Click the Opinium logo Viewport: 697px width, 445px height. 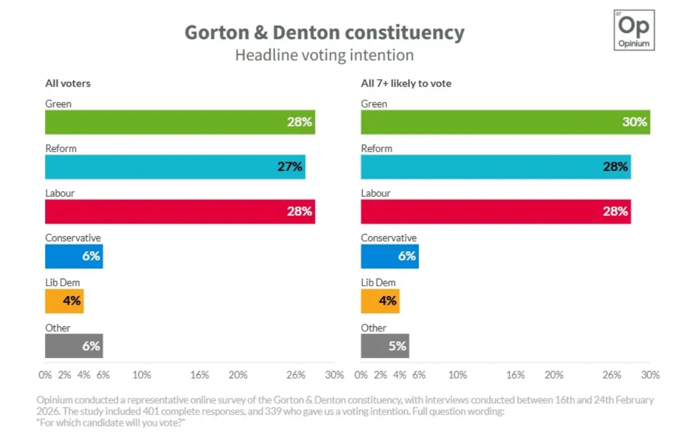[x=634, y=30]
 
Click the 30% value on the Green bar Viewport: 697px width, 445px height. [x=634, y=122]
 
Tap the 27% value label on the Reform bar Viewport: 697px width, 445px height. [x=290, y=167]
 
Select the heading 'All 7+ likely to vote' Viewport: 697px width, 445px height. [x=406, y=84]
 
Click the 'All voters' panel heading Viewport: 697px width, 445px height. [x=68, y=84]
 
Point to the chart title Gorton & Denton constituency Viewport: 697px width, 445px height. [x=324, y=32]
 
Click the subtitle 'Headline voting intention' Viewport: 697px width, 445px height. [x=324, y=55]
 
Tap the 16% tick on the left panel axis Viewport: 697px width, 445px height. [x=200, y=375]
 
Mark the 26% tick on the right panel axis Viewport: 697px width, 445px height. [x=612, y=375]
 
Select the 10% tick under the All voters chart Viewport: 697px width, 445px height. [x=142, y=375]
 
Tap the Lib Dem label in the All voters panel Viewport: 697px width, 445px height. [x=63, y=283]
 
